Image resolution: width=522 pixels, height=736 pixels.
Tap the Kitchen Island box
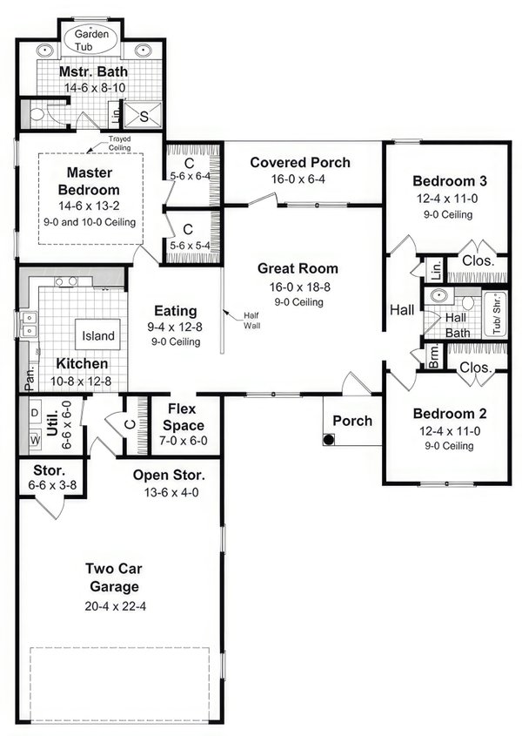[98, 335]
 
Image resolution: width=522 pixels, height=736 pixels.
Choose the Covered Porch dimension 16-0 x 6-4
[300, 179]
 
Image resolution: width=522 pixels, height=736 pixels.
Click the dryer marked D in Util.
[35, 413]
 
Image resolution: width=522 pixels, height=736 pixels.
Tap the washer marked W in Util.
[35, 441]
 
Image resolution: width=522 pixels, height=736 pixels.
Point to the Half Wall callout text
[252, 321]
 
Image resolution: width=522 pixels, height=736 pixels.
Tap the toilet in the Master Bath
[37, 113]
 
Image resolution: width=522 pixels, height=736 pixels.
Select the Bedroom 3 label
[449, 181]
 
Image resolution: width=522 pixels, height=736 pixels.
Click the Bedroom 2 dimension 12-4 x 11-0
[444, 430]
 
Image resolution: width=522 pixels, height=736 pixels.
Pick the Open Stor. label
[169, 476]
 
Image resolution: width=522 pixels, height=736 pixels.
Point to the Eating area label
[175, 311]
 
